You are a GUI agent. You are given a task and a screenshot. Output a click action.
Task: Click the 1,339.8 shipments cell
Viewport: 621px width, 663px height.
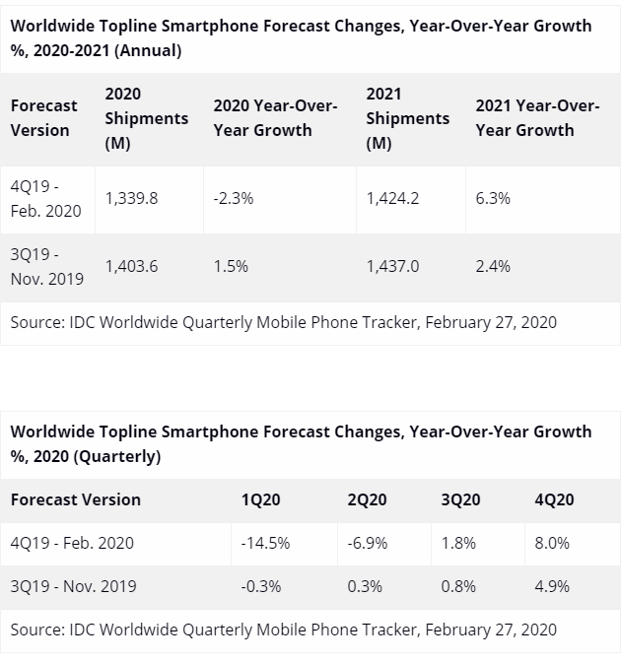pos(131,198)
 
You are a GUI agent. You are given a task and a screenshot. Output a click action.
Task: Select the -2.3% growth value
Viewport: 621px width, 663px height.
pos(233,198)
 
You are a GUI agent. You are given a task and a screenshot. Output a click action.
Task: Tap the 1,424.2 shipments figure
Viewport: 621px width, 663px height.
pos(392,198)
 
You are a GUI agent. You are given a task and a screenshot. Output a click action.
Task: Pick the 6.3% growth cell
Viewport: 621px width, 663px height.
pos(493,198)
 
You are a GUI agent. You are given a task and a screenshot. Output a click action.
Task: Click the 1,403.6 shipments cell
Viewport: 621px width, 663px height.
pos(131,266)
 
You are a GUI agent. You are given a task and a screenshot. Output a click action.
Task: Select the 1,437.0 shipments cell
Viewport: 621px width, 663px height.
pos(392,266)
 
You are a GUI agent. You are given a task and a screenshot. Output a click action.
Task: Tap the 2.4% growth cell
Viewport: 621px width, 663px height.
pos(493,266)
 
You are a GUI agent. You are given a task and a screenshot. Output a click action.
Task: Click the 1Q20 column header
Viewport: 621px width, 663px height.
pos(260,499)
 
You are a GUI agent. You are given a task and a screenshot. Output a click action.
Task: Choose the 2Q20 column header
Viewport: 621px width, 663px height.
pos(367,499)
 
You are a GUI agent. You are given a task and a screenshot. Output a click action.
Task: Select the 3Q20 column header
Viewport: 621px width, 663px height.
pos(460,499)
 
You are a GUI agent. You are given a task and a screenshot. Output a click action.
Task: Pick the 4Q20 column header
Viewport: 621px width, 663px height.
pos(554,499)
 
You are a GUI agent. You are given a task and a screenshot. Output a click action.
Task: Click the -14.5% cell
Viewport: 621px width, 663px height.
pos(264,543)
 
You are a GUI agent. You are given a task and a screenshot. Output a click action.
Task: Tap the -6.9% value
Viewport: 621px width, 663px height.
pos(367,543)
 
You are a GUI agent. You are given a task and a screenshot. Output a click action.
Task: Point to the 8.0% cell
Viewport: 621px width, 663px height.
pos(551,543)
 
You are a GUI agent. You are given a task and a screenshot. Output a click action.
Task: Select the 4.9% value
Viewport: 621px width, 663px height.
pos(551,586)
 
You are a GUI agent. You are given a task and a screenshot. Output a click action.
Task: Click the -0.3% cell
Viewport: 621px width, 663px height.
pos(260,586)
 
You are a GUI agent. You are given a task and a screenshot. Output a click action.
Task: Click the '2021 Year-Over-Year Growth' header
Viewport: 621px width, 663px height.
pos(537,118)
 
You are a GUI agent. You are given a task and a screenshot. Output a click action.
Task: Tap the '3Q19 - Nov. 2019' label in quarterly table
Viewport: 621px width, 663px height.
pos(73,586)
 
